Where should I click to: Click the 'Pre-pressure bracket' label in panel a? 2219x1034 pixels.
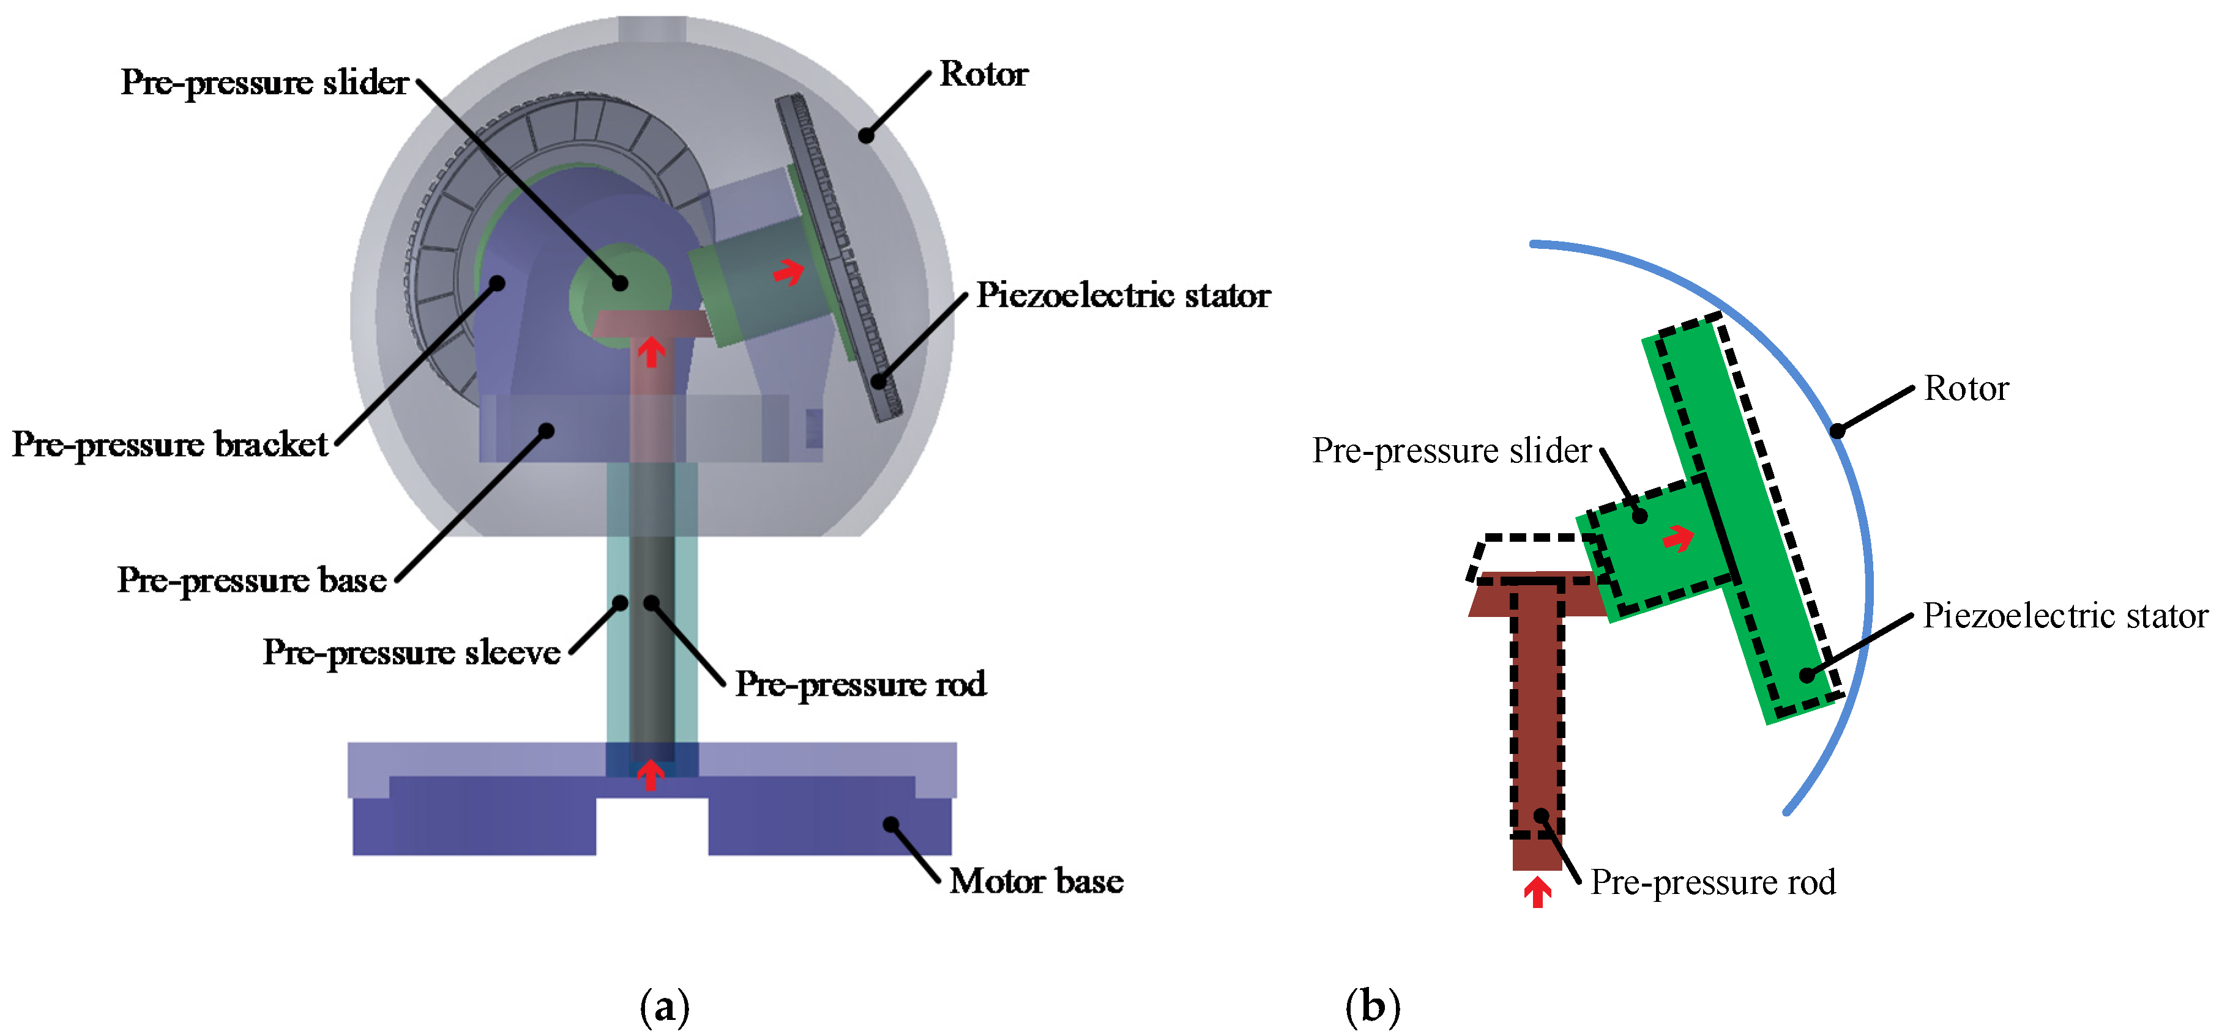pyautogui.click(x=170, y=445)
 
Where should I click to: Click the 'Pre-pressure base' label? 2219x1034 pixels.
pyautogui.click(x=252, y=580)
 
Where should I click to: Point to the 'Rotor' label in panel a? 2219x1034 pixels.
pyautogui.click(x=983, y=74)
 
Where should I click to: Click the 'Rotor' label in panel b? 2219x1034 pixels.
pyautogui.click(x=1966, y=388)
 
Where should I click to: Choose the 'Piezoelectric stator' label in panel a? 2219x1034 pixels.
pyautogui.click(x=1122, y=295)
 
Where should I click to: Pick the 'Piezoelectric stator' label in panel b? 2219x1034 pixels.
pyautogui.click(x=2065, y=616)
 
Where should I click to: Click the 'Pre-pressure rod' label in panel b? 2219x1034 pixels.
pyautogui.click(x=1712, y=882)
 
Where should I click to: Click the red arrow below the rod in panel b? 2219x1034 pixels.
pyautogui.click(x=1538, y=892)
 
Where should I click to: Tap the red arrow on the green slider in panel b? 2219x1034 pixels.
pyautogui.click(x=1678, y=539)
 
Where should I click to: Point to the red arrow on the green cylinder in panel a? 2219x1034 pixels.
pyautogui.click(x=788, y=273)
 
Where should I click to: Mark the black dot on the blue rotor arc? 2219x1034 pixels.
pyautogui.click(x=1837, y=430)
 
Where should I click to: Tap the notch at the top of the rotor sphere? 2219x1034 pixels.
pyautogui.click(x=652, y=28)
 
